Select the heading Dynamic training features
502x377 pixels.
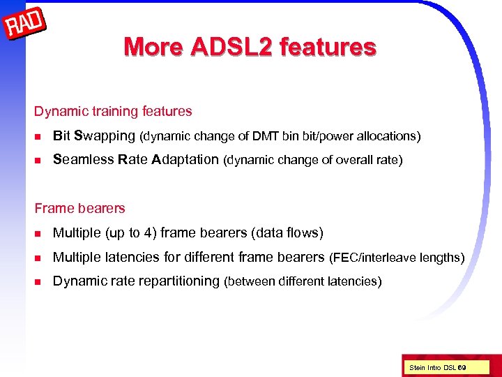113,111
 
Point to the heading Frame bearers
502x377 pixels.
79,208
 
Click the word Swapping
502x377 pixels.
104,135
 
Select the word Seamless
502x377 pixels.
83,159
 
